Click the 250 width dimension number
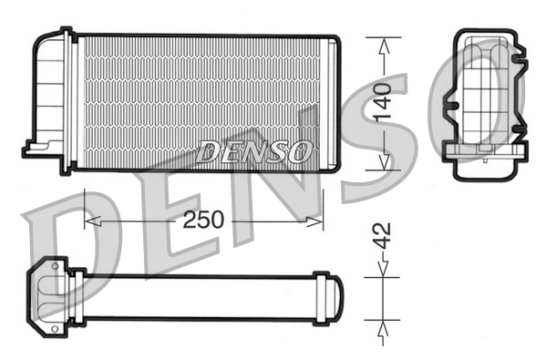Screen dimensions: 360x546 pos(204,220)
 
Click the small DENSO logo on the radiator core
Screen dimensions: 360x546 pos(255,150)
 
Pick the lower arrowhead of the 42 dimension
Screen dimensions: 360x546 pos(383,323)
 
